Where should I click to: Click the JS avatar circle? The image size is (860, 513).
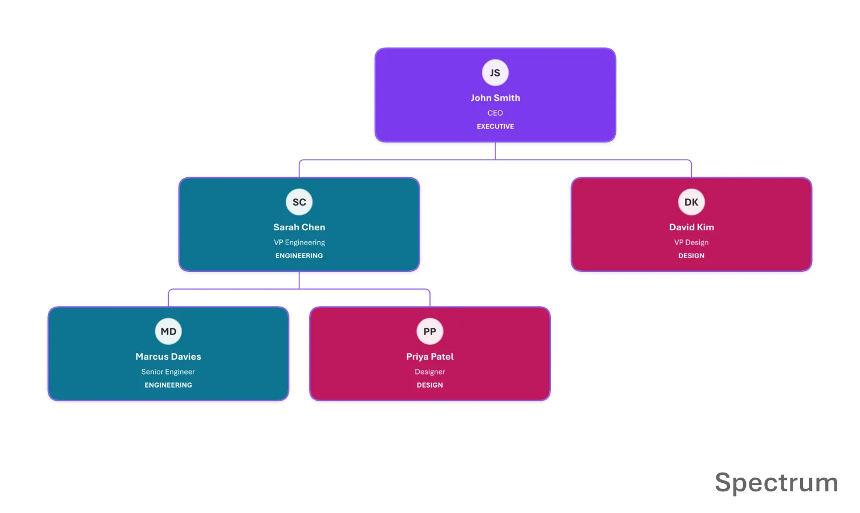click(495, 72)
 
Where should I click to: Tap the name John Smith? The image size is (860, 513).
click(495, 98)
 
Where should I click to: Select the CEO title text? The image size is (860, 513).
click(495, 113)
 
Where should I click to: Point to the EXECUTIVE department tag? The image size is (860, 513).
click(495, 126)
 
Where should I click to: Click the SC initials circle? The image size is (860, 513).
click(299, 202)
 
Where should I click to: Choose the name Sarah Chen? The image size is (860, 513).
click(299, 227)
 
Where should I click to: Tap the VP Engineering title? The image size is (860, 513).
click(299, 242)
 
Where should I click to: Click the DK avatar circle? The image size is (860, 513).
click(691, 202)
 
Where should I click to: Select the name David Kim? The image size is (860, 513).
click(691, 227)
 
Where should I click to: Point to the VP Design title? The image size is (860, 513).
click(691, 242)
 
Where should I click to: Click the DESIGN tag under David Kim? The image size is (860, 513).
click(691, 255)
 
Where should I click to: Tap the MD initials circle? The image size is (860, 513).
click(168, 331)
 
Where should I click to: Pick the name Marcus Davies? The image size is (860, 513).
click(168, 356)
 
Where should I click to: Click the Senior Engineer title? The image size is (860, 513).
click(168, 372)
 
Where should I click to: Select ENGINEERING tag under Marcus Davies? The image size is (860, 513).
click(168, 385)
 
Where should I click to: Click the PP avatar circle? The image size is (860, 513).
click(429, 331)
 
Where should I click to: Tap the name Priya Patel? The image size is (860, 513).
click(429, 356)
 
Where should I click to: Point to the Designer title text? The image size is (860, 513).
click(429, 372)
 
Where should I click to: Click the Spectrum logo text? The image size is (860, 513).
click(776, 483)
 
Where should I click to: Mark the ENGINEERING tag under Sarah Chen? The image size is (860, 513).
click(299, 255)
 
